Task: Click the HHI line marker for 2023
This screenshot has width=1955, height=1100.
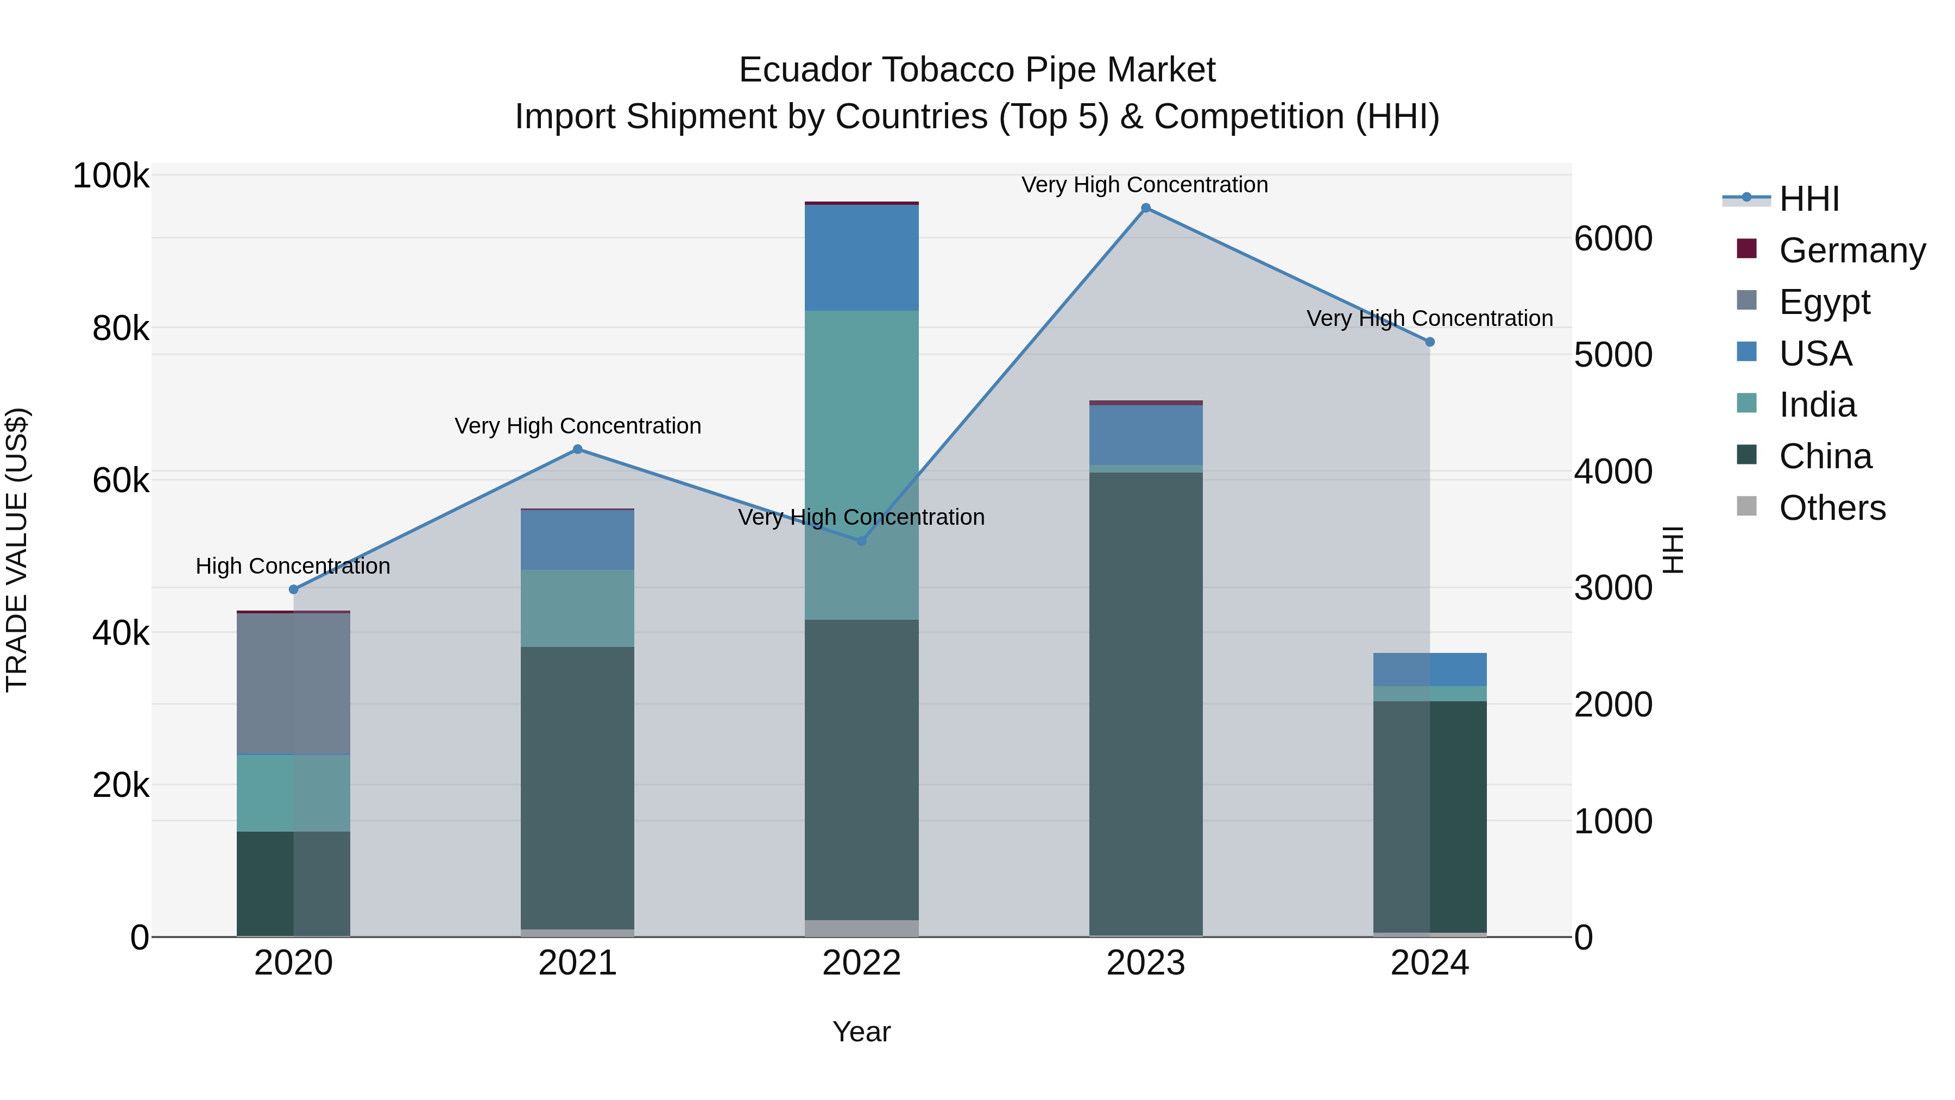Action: (x=1145, y=208)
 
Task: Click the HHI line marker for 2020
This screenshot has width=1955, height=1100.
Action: (x=294, y=589)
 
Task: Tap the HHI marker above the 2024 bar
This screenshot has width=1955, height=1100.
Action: (x=1430, y=342)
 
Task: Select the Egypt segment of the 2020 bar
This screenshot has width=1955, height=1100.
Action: (x=294, y=683)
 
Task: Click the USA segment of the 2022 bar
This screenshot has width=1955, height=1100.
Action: (x=861, y=258)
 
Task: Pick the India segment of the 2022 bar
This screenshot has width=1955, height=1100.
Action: (x=861, y=464)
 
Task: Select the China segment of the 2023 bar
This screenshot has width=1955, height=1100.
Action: (x=1145, y=702)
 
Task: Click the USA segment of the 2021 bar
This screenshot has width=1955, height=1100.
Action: (x=578, y=540)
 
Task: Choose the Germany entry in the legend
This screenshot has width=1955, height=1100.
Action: (x=1852, y=250)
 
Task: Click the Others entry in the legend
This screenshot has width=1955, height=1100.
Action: (x=1832, y=508)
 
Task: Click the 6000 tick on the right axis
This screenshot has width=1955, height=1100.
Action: (x=1613, y=238)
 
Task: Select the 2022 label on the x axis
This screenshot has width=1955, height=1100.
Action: (x=861, y=963)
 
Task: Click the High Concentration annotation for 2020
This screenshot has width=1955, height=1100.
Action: (x=293, y=567)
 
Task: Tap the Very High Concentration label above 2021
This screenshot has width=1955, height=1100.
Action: (x=578, y=426)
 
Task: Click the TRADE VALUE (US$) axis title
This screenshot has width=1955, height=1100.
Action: (x=17, y=550)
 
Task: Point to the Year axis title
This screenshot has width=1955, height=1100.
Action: (x=861, y=1032)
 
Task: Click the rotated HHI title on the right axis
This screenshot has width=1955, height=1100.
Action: (x=1673, y=550)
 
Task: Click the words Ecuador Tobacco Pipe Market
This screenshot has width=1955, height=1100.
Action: (x=977, y=70)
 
